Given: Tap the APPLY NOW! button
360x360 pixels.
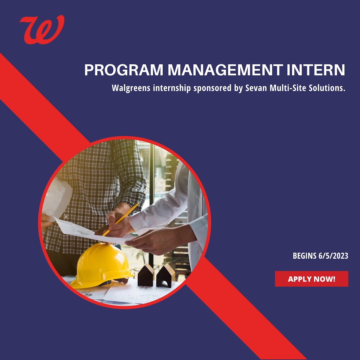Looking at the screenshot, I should (311, 279).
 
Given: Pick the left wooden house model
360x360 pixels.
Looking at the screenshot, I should (146, 275).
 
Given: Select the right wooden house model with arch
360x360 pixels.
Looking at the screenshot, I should (166, 276).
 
